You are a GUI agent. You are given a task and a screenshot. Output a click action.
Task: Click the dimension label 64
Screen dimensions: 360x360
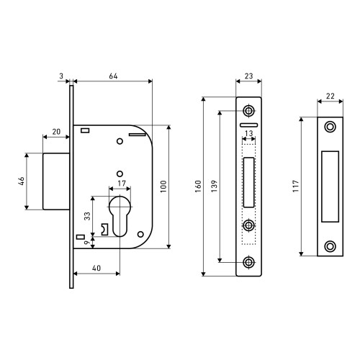pos(113,76)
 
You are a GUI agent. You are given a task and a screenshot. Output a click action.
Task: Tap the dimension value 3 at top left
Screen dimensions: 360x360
pos(61,76)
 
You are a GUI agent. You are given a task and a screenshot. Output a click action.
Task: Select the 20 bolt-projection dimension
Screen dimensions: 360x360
pos(56,132)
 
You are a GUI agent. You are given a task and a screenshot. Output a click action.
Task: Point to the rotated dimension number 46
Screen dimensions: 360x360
pos(22,181)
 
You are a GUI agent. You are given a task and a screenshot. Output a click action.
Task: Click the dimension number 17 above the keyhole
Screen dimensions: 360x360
pos(122,184)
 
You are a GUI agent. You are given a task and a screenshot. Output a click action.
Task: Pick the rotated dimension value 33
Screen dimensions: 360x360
pos(87,216)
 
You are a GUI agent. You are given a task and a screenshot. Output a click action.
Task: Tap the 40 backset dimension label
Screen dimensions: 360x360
pos(96,268)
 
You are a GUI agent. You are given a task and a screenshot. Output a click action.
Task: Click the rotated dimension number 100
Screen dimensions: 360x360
pos(163,186)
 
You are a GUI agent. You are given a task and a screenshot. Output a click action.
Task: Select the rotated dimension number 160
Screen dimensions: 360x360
pos(198,186)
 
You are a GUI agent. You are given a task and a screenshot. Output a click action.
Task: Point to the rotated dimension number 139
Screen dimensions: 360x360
pos(214,186)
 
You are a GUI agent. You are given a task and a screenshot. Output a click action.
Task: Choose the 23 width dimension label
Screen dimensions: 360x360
pos(248,76)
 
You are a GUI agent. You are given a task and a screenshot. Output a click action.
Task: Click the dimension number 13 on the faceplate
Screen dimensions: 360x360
pos(248,133)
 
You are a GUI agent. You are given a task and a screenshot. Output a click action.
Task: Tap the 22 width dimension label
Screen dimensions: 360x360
pos(330,96)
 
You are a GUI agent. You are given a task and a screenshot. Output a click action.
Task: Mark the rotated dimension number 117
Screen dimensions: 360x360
pos(296,186)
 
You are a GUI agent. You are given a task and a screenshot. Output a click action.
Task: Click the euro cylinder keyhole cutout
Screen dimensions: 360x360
pos(120,216)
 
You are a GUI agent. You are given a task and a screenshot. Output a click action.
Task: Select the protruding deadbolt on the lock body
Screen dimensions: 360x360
pos(56,181)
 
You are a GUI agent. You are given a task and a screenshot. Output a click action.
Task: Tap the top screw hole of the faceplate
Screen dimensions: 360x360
pos(248,111)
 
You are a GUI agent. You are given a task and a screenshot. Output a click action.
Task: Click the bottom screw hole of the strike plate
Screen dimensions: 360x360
pos(330,246)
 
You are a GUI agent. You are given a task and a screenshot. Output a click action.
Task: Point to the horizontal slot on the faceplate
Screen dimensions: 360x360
pos(248,125)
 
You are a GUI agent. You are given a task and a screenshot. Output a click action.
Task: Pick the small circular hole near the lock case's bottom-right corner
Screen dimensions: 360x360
pos(140,234)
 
